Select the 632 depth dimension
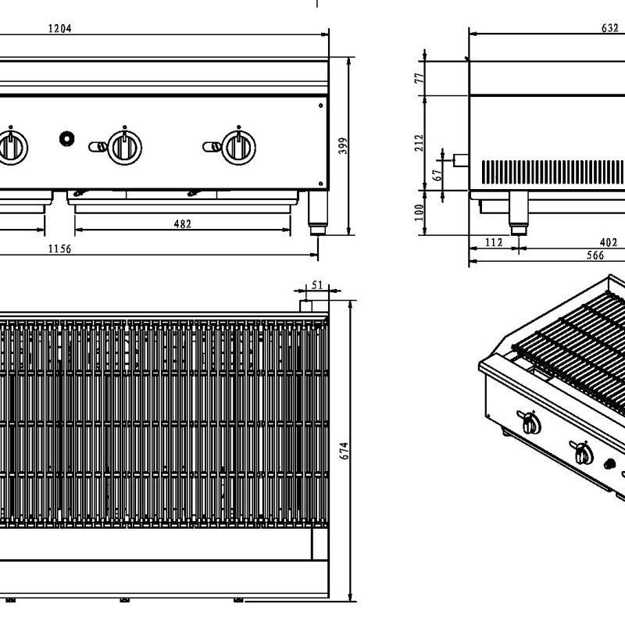coord(610,28)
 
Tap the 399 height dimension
coord(342,145)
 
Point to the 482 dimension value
coord(181,224)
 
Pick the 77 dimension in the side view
coord(420,77)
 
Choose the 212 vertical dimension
coord(420,142)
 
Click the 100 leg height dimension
coord(420,211)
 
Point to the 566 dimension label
coord(573,255)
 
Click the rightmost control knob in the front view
coord(236,146)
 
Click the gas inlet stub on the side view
coord(460,160)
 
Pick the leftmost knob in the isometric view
coord(531,424)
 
